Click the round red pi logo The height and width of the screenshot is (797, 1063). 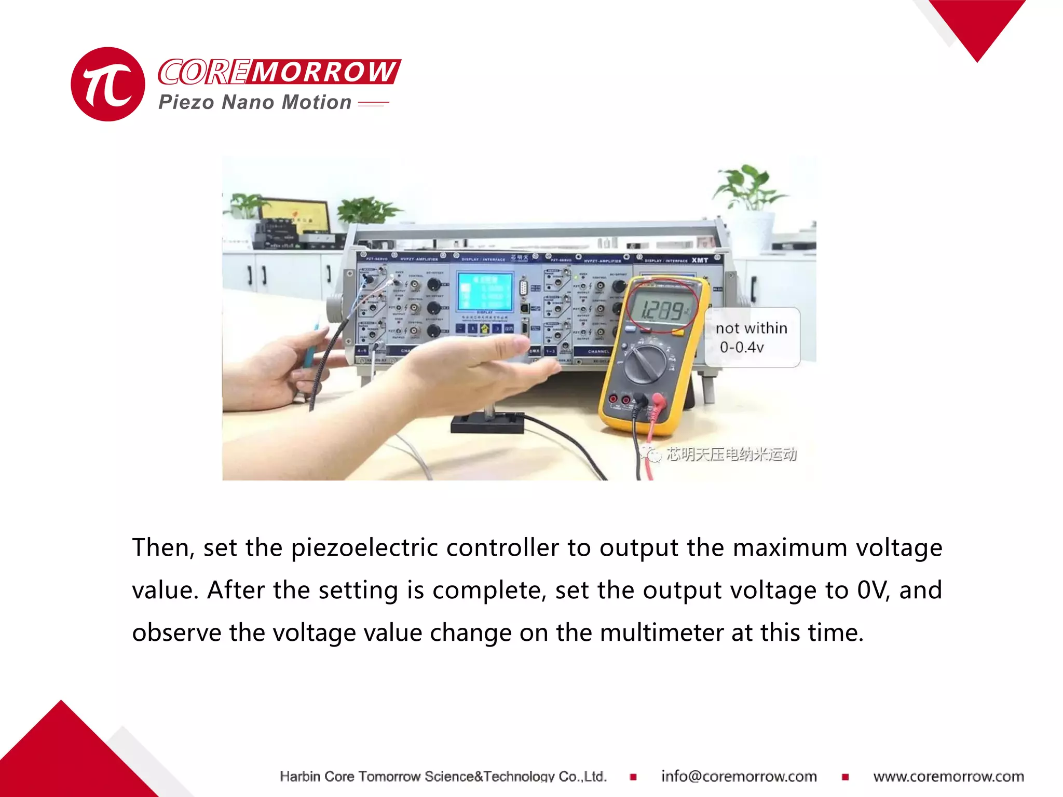(x=107, y=84)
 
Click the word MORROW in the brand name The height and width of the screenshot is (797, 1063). (x=324, y=72)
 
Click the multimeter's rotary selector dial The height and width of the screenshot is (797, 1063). (x=646, y=364)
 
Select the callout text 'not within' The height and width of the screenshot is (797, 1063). (x=751, y=328)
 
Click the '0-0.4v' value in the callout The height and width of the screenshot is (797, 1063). (x=742, y=347)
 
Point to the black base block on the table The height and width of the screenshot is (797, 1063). (x=487, y=422)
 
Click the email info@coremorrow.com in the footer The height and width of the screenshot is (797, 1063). (x=739, y=776)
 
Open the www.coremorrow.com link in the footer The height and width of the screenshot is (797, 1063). (x=948, y=776)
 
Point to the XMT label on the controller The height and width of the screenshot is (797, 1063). (x=700, y=260)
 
